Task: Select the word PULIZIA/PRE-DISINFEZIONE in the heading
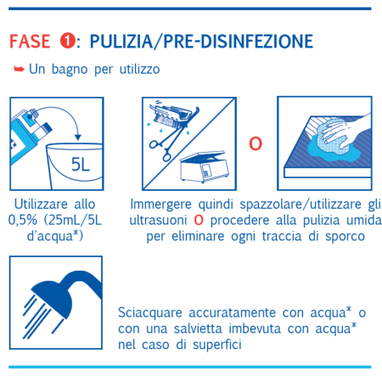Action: pos(200,42)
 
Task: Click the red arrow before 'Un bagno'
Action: pos(20,68)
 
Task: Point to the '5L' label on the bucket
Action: pos(81,164)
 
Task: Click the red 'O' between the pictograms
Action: pos(254,143)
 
